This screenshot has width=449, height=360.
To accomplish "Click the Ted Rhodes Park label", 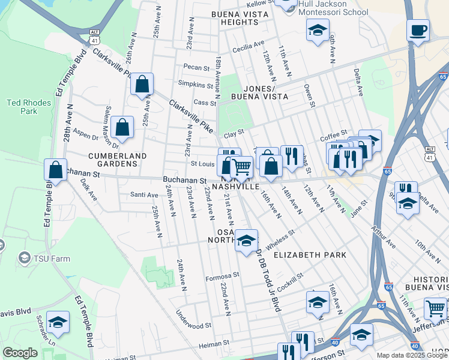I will point(29,107).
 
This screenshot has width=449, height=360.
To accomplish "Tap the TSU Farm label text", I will point(52,259).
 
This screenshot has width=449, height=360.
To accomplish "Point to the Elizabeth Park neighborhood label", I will point(310,255).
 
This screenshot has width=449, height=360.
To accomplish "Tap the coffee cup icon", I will point(418,29).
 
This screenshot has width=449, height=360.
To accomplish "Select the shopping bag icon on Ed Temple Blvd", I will point(56,170).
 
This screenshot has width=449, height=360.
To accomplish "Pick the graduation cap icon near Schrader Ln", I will point(58,323).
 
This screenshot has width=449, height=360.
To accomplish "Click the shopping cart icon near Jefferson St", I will point(435,308).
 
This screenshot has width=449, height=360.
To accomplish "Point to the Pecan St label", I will point(196,68).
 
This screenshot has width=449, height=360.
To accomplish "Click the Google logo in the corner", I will point(20,353).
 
